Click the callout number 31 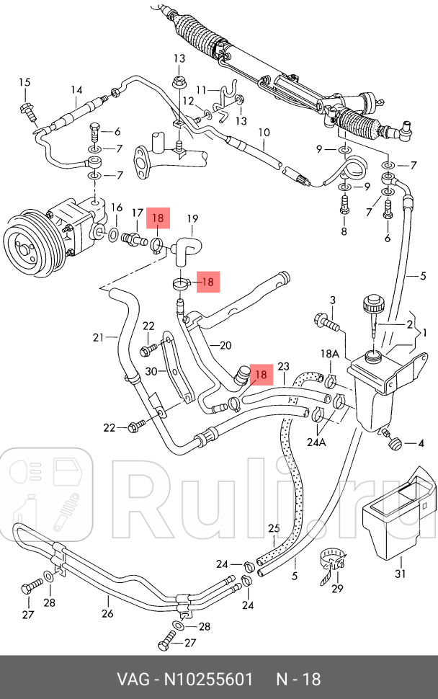coord(400,574)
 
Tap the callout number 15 coord(25,82)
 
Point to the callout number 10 coord(264,133)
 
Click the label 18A coord(329,354)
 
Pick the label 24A coord(317,442)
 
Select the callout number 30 coord(151,371)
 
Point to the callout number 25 coord(274,528)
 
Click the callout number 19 coord(192,218)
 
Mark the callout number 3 coord(333,300)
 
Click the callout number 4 coord(422,442)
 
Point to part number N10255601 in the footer coord(208,679)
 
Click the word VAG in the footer coord(133,679)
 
